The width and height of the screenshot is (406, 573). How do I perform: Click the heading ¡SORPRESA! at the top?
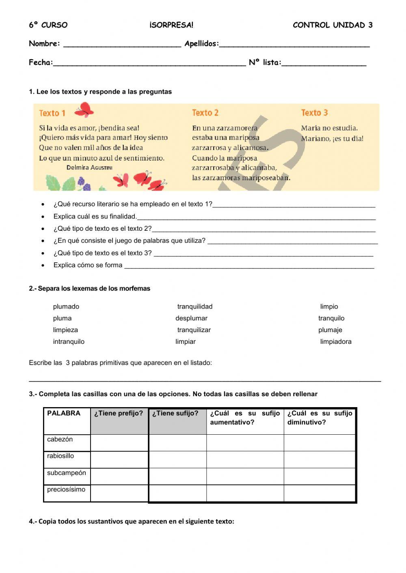171,25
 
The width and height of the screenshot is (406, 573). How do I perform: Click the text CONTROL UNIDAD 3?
332,25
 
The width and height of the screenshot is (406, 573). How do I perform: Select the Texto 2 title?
205,113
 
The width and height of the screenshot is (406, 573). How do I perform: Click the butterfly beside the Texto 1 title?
84,109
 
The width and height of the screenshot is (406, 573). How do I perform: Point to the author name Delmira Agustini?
89,167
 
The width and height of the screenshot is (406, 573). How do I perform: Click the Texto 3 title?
314,113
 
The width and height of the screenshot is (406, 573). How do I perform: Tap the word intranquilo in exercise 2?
69,341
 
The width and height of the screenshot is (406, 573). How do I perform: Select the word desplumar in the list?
191,318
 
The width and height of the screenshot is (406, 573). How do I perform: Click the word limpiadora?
335,341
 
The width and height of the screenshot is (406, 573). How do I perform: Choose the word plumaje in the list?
330,330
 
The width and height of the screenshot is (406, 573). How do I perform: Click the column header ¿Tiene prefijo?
119,414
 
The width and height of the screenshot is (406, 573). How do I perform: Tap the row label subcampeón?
66,473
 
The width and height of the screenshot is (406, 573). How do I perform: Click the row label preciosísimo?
66,489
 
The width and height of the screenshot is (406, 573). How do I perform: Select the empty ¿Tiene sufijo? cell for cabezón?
177,443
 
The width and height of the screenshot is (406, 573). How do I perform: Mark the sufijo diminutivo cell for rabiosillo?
320,460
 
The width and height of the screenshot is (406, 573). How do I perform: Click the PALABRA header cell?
64,414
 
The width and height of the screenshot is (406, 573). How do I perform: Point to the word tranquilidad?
194,307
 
